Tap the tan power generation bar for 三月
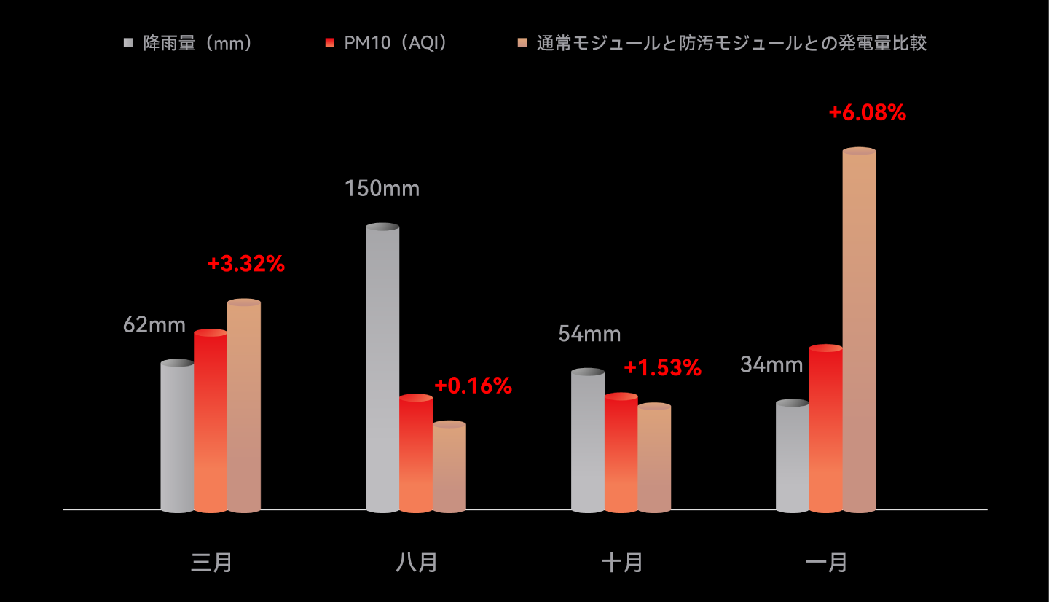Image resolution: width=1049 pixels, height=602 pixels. click(244, 406)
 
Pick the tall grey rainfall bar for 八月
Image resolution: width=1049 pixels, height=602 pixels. click(382, 368)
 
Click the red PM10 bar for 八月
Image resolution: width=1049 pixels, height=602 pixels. click(416, 453)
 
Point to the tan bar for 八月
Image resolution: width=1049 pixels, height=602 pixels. click(449, 466)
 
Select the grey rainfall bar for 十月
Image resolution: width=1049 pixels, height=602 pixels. click(588, 441)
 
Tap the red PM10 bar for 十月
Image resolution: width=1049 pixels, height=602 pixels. click(621, 453)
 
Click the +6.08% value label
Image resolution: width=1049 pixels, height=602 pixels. click(867, 113)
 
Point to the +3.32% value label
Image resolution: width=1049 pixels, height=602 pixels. click(245, 264)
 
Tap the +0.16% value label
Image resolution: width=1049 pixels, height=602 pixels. click(473, 386)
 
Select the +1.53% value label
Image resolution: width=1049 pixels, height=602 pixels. click(662, 368)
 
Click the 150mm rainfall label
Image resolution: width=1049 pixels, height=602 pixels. click(382, 189)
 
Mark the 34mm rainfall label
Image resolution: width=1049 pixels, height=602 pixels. click(771, 364)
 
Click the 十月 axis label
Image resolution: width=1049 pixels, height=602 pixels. click(622, 563)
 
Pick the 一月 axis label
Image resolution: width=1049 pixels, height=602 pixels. click(827, 563)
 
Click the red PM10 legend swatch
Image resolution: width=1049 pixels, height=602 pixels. click(330, 43)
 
